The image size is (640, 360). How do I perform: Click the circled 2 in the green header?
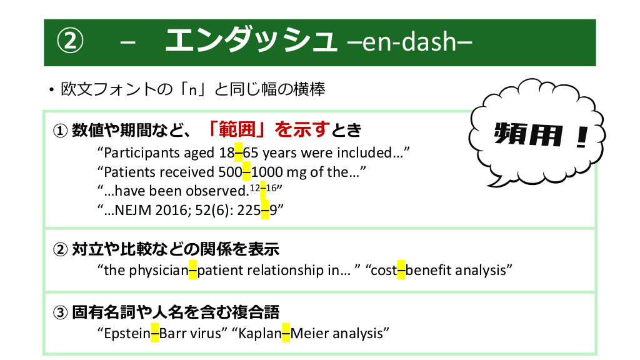70,41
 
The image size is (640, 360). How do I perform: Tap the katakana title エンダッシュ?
251,41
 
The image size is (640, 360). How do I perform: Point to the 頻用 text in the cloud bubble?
528,134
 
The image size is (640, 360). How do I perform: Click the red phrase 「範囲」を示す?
267,129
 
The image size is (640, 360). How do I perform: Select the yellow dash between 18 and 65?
239,152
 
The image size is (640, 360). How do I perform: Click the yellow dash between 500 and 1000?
246,171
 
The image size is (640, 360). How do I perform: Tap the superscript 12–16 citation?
263,188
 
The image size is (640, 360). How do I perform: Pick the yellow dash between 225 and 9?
265,210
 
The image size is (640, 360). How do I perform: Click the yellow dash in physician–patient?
193,270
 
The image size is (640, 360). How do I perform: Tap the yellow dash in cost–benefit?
401,270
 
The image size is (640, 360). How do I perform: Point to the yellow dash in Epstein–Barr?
155,333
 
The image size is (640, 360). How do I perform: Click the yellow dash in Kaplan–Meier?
286,333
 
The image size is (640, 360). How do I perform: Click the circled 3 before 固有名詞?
60,312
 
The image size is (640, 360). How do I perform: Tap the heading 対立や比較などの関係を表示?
176,249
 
